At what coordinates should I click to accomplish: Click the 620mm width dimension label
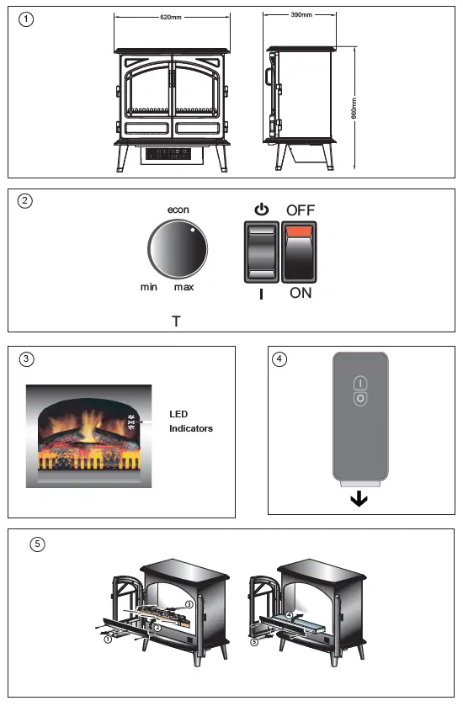point(171,18)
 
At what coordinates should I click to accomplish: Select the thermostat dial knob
point(177,251)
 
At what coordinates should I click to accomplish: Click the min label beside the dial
point(149,288)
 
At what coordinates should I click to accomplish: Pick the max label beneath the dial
point(184,288)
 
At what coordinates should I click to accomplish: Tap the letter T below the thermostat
point(175,321)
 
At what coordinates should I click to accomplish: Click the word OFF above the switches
point(301,210)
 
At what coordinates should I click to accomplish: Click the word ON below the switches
point(301,293)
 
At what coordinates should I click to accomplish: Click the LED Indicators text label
point(191,421)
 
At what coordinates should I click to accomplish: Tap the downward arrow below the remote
point(359,499)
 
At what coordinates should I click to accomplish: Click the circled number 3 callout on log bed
point(189,604)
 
